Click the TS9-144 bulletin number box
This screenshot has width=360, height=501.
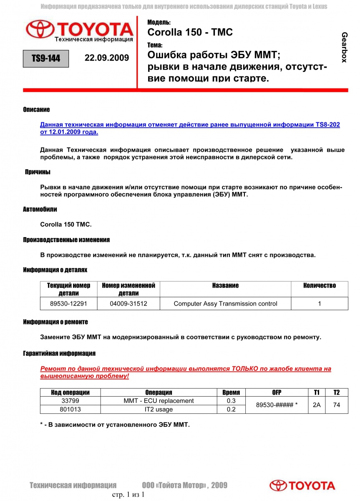(46, 58)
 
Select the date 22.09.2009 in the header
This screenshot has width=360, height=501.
(107, 58)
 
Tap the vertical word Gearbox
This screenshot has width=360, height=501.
(344, 47)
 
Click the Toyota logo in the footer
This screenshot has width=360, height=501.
(302, 486)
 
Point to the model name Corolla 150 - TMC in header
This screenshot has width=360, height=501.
(190, 33)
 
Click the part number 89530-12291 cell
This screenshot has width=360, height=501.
(68, 304)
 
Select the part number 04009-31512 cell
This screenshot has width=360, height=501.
(128, 304)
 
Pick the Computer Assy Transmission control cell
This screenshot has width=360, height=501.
(225, 304)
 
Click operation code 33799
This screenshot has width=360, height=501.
(70, 401)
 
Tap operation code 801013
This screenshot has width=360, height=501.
(70, 410)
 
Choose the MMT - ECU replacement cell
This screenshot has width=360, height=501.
(159, 401)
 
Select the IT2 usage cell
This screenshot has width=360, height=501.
(159, 410)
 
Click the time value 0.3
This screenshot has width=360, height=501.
(231, 401)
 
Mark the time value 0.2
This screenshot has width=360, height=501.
(231, 410)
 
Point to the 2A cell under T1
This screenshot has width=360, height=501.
(317, 405)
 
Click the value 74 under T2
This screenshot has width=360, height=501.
(337, 405)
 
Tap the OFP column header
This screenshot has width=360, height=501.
(277, 392)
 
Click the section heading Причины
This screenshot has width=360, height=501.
(38, 172)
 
